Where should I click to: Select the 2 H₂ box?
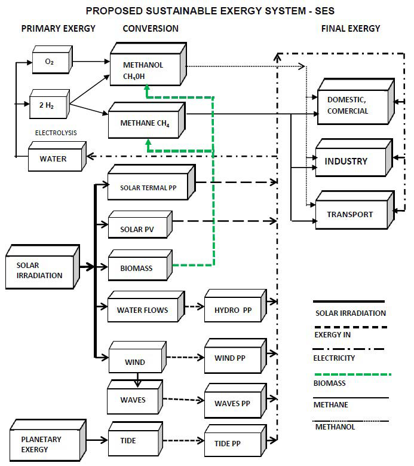point(49,105)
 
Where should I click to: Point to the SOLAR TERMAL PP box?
point(149,187)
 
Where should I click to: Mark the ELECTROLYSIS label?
point(56,132)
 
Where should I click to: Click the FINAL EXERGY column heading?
point(350,28)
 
